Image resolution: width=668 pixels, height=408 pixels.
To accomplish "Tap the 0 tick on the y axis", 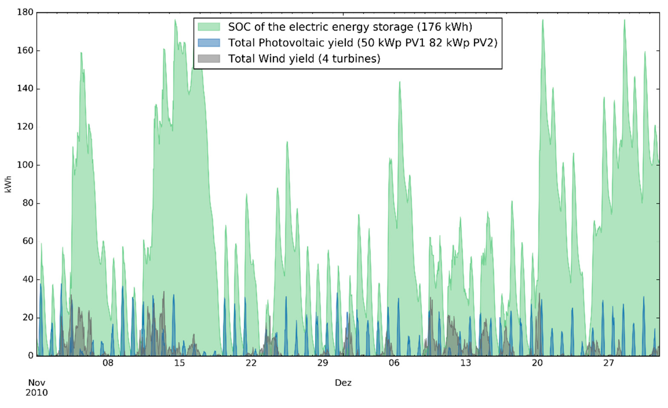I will (x=31, y=356).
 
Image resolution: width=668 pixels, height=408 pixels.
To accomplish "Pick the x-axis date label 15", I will (x=179, y=363).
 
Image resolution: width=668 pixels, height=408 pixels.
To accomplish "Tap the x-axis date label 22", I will (x=251, y=363).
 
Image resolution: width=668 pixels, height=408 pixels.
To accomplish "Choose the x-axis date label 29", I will (x=322, y=363).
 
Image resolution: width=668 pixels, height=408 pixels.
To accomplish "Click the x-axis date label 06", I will (x=394, y=363).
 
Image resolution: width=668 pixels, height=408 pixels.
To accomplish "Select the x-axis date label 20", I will (x=537, y=363).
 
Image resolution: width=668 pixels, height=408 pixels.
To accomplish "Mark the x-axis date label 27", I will (x=608, y=363).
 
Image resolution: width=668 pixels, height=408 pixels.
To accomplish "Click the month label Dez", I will (x=343, y=383).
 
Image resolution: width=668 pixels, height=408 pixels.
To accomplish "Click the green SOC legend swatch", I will (x=209, y=27).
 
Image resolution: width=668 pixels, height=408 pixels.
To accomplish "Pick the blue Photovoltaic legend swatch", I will (x=209, y=43).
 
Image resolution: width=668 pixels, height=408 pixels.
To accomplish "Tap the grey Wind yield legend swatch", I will (x=209, y=59).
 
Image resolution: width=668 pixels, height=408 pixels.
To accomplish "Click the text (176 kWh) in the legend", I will (x=445, y=27).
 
